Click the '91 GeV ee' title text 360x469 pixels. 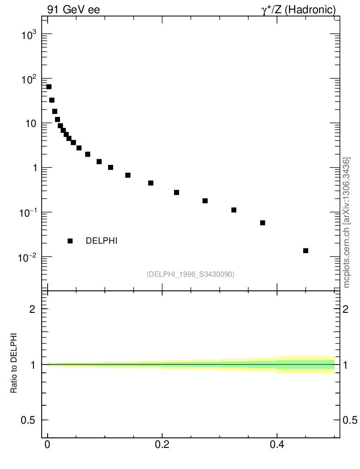(x=73, y=10)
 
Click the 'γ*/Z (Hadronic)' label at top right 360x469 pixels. (x=299, y=10)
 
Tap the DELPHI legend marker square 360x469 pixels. (x=70, y=241)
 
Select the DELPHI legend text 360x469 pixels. (x=102, y=241)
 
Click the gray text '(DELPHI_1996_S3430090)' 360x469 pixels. (x=191, y=274)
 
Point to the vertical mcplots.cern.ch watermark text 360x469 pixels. (x=347, y=223)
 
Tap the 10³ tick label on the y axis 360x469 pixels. (x=30, y=35)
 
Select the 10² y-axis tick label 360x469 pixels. (x=30, y=79)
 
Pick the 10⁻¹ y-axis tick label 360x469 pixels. (x=29, y=213)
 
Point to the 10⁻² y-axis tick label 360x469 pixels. (x=29, y=257)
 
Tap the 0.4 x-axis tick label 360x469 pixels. (x=277, y=445)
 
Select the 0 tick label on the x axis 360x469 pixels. (x=48, y=445)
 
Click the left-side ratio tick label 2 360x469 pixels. (x=33, y=309)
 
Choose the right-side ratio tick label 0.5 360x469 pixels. (x=350, y=420)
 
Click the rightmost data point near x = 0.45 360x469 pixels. (x=305, y=251)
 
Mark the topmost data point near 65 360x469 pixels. (x=49, y=87)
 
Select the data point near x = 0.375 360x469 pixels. (x=262, y=223)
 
